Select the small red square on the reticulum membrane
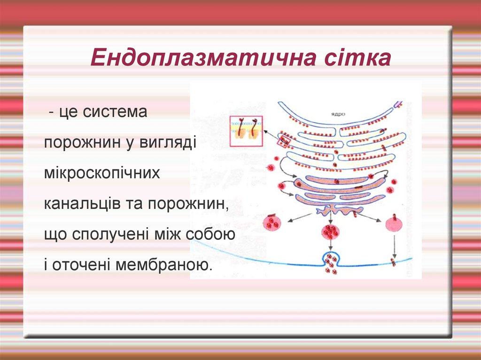click(284, 141)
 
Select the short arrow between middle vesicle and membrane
click(331, 245)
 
